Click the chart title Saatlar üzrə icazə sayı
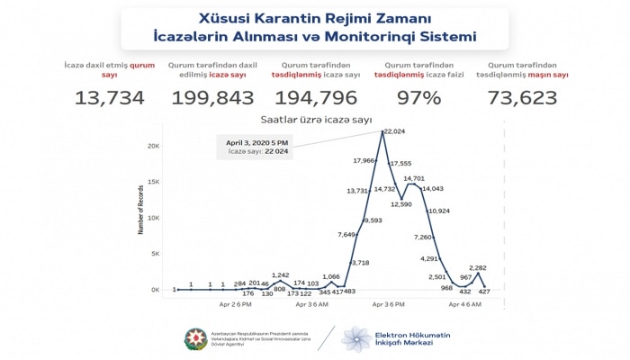[314, 120]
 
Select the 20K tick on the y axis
[154, 146]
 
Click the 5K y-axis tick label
[156, 254]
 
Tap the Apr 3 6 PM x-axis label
[381, 305]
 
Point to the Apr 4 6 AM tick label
[463, 305]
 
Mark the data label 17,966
[363, 161]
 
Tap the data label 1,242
[280, 274]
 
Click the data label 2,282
[477, 268]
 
